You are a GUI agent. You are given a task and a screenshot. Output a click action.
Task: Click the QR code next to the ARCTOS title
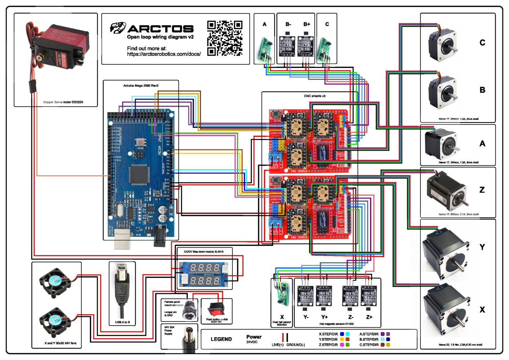225,38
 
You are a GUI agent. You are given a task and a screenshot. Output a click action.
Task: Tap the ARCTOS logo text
160,29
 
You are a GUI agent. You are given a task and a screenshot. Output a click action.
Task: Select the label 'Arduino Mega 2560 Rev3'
141,86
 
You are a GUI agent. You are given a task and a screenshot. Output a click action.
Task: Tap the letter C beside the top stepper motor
482,43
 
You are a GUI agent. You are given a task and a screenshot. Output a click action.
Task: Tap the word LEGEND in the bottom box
221,339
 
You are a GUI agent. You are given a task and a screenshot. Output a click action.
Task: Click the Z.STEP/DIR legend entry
328,345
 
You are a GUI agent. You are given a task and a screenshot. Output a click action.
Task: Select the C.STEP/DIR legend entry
369,345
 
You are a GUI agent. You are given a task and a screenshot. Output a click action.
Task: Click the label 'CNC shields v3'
314,96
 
